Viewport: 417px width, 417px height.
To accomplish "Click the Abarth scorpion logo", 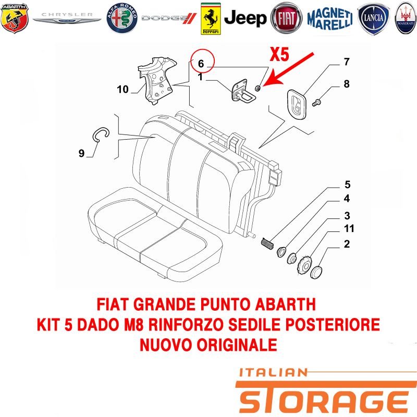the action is click(15, 18).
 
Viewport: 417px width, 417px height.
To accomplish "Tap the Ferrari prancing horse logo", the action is click(211, 19).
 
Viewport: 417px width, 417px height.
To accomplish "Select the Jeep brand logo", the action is click(245, 18).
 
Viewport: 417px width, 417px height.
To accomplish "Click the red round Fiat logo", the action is click(286, 18).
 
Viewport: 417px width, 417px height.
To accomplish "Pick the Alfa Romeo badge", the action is click(122, 18).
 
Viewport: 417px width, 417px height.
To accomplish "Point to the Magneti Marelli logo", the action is click(330, 19).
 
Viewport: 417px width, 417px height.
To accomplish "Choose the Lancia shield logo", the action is click(373, 18).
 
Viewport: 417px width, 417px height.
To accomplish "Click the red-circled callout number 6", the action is click(201, 64).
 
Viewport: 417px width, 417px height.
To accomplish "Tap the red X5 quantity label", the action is click(279, 54).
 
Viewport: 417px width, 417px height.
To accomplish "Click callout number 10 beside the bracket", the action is click(122, 89).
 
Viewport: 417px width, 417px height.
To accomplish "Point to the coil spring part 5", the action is click(267, 243).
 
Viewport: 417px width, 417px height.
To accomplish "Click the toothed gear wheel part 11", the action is click(303, 265).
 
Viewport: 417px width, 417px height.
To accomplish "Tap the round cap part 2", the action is click(316, 272).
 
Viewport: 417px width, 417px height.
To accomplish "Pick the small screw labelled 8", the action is click(316, 102).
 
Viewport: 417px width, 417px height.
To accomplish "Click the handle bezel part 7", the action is click(297, 105).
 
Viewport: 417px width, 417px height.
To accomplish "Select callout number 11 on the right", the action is click(349, 228).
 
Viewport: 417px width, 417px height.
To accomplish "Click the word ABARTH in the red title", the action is click(285, 304).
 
